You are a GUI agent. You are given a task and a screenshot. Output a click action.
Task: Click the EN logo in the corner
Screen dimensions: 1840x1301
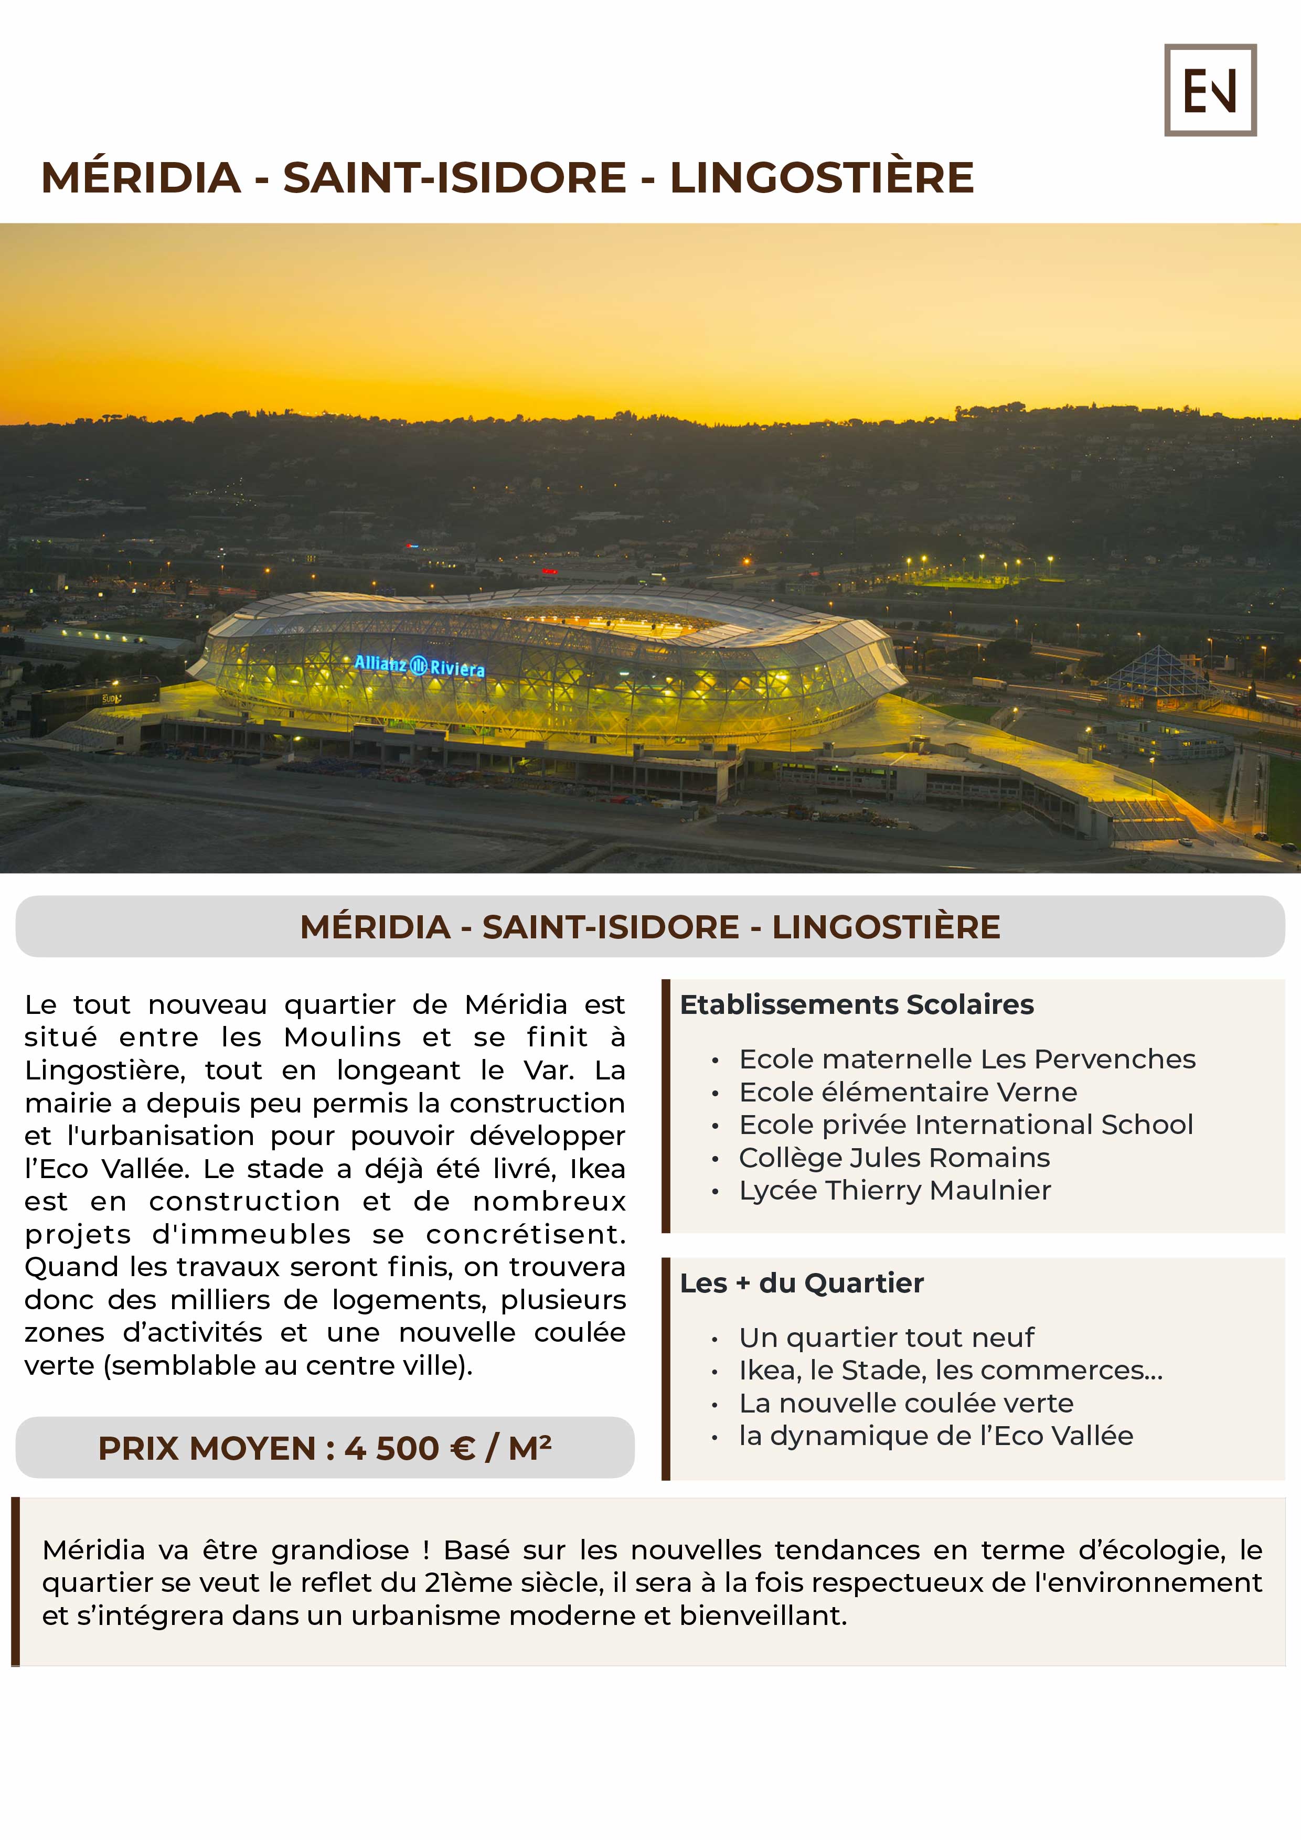coord(1210,90)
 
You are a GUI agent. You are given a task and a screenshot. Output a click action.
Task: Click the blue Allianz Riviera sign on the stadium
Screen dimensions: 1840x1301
coord(419,665)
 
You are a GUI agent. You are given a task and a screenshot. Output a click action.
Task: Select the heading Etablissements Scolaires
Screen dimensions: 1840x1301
coord(856,1004)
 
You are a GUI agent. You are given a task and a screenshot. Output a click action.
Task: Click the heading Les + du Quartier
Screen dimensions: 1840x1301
coord(802,1283)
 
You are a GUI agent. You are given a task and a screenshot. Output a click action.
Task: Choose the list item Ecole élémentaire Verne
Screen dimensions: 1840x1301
coord(908,1092)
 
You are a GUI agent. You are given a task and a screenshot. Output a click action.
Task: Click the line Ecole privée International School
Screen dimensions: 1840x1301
coord(966,1125)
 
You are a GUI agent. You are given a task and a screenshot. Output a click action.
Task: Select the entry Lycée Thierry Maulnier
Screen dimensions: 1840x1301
coord(894,1190)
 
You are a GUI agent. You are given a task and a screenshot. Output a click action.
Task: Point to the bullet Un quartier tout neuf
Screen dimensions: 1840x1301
coord(887,1338)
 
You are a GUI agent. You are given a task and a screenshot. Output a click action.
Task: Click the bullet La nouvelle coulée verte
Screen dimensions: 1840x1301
coord(906,1403)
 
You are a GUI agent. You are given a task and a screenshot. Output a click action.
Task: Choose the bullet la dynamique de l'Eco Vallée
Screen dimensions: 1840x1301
coord(935,1436)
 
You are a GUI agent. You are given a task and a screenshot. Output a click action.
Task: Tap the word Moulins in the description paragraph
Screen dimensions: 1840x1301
coord(342,1037)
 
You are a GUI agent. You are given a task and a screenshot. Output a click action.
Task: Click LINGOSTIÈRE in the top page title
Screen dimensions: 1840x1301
coord(822,177)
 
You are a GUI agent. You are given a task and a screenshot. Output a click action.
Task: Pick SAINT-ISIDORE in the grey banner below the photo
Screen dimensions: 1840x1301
coord(610,927)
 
